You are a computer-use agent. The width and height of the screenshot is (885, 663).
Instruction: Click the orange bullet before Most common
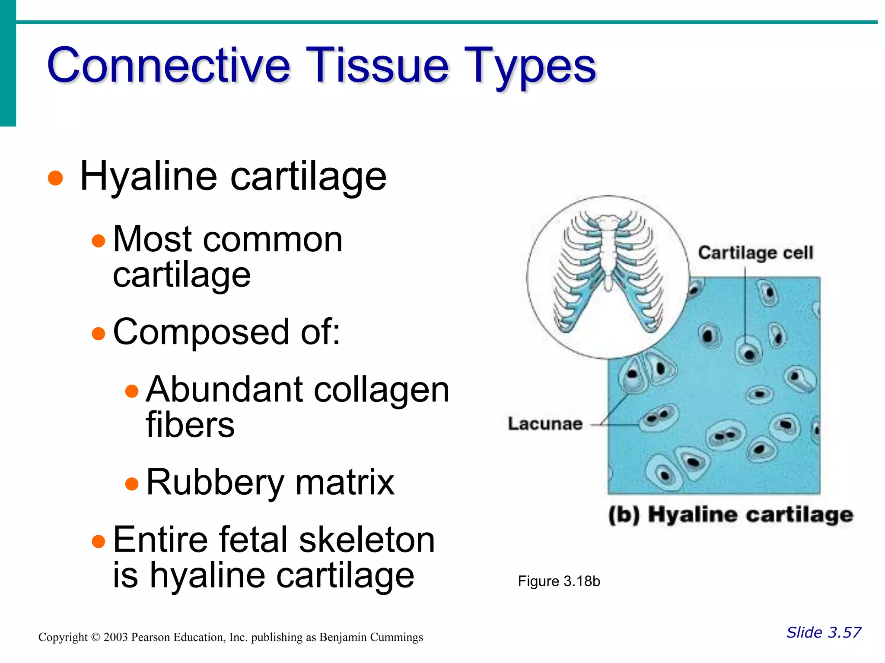tap(99, 240)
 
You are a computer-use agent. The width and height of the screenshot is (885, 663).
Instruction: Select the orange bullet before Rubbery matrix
tap(132, 484)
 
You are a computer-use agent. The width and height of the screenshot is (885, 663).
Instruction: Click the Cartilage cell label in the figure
tap(755, 253)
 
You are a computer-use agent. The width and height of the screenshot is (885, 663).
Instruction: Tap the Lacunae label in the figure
tap(545, 424)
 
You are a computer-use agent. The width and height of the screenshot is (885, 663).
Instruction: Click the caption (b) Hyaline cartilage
tap(731, 515)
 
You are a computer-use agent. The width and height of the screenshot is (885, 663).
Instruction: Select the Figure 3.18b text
tap(559, 581)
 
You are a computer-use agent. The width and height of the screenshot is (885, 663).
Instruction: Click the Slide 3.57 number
tap(823, 632)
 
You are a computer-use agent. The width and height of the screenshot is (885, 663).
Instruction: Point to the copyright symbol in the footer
tap(96, 638)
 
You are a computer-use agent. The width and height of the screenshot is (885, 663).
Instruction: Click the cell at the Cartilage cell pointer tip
tap(748, 354)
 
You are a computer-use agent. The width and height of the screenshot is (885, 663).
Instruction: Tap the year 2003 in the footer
tap(115, 638)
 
